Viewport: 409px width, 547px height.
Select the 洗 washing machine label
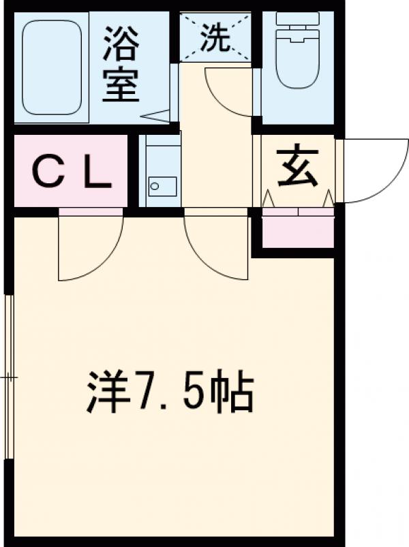coord(215,40)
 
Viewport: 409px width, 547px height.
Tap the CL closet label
coord(72,174)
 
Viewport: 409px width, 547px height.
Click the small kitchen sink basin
coord(162,185)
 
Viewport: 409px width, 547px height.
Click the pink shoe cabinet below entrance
coord(298,230)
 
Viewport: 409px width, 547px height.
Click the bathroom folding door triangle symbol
coord(158,116)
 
